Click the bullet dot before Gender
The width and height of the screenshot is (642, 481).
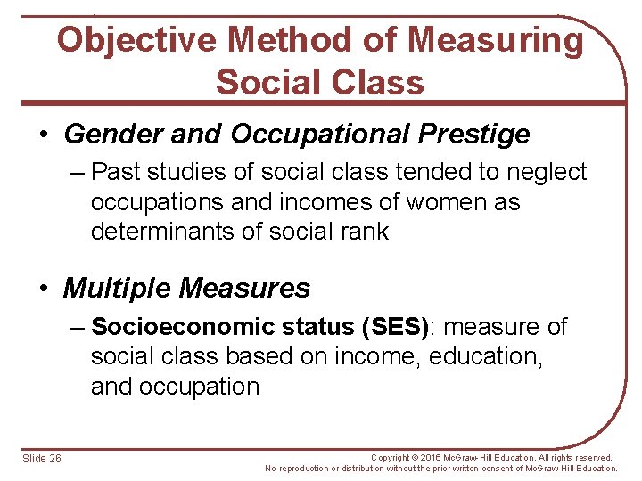[x=44, y=135]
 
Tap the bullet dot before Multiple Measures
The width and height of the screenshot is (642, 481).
[x=44, y=289]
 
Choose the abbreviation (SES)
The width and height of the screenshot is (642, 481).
[x=394, y=327]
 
